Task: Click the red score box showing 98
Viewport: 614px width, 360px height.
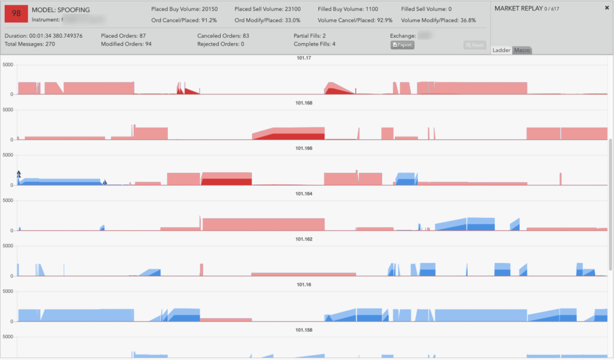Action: click(16, 13)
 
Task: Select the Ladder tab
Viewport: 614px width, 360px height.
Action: click(501, 50)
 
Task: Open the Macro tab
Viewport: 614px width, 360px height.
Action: click(522, 50)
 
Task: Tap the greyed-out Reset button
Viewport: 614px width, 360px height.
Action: click(475, 45)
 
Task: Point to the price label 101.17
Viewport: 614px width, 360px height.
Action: click(305, 58)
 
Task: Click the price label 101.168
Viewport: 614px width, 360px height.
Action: click(305, 103)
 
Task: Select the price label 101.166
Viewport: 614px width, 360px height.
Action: click(305, 148)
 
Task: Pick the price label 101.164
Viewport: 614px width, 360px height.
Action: click(305, 194)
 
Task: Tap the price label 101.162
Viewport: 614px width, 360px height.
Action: click(305, 239)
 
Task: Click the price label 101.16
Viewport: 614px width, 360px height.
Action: click(305, 284)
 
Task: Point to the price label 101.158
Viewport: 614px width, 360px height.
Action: click(305, 330)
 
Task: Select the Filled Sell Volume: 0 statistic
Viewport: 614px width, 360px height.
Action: click(426, 10)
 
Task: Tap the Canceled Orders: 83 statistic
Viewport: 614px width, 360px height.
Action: click(223, 36)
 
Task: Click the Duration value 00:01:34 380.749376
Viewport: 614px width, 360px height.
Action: click(56, 36)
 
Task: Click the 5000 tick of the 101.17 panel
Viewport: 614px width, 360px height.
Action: click(8, 64)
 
